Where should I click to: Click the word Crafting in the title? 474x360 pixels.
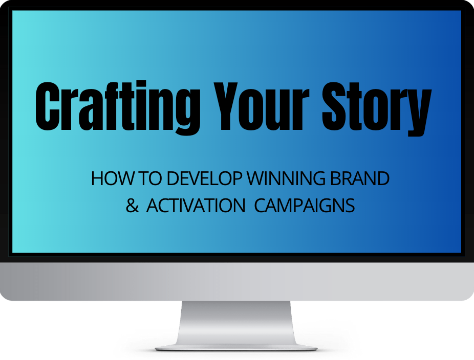coord(118,107)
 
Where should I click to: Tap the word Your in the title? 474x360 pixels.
coord(261,106)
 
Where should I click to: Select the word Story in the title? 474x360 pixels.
coord(377,108)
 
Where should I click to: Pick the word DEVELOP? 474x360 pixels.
coord(205,178)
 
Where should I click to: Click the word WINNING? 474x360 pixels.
coord(286,178)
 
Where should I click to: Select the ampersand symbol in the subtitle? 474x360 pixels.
coord(132,206)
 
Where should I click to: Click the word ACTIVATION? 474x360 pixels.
coord(196,206)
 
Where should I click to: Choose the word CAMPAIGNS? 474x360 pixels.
coord(305,206)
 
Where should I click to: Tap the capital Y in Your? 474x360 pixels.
coord(227,106)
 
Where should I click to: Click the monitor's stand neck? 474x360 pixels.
coord(236,323)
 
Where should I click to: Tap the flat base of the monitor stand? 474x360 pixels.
coord(236,348)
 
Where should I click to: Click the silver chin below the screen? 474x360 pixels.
coord(237,281)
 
